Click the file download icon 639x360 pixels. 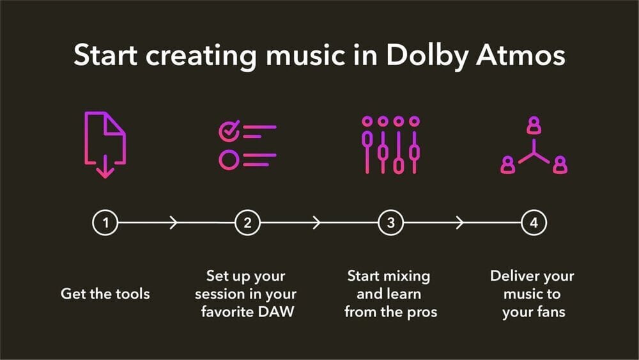click(105, 145)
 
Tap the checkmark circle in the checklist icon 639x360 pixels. click(228, 131)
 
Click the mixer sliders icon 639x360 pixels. click(391, 145)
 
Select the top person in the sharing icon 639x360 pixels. click(534, 127)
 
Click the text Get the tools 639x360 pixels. click(105, 294)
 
